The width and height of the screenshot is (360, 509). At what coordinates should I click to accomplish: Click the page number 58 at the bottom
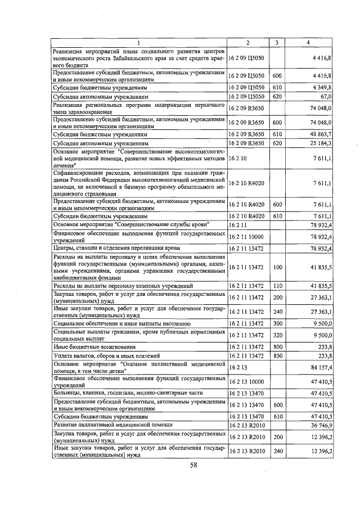tap(193, 465)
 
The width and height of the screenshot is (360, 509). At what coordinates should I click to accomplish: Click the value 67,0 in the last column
tap(326, 97)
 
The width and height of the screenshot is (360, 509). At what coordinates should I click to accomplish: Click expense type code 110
tap(276, 287)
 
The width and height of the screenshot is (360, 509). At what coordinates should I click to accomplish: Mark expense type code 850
tap(276, 355)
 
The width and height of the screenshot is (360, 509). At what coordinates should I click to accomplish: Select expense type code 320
tap(276, 336)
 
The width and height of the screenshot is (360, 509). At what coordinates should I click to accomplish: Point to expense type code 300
tap(276, 323)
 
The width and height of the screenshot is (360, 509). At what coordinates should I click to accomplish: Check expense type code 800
tap(276, 347)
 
